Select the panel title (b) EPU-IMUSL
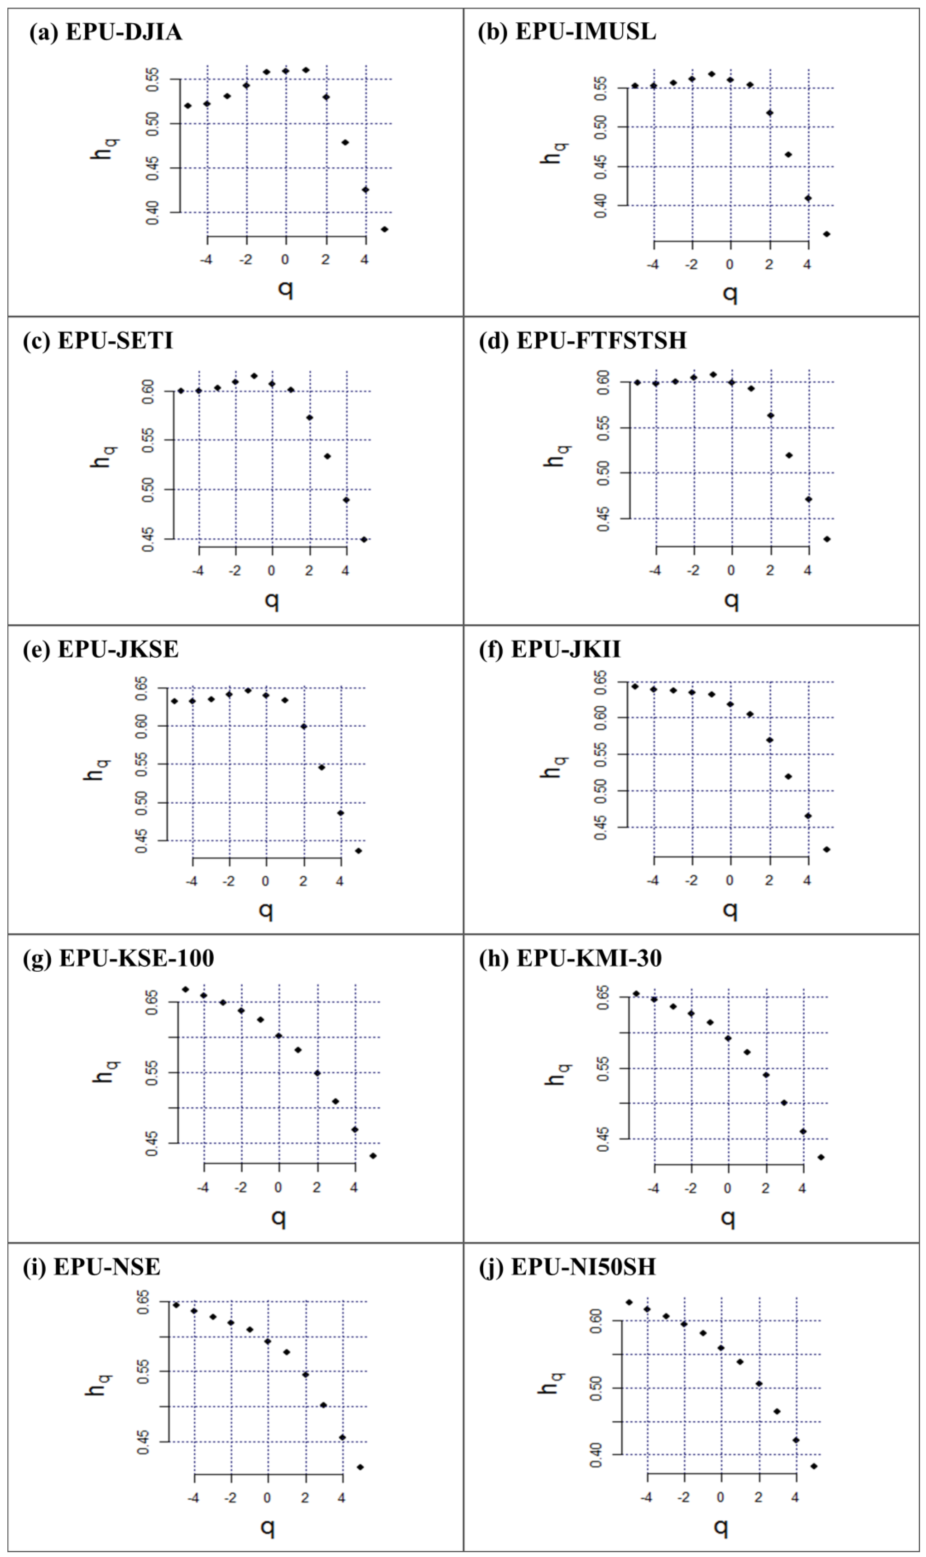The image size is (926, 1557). point(567,31)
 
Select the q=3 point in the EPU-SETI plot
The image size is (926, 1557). point(327,456)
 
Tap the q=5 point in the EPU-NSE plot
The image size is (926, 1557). point(360,1467)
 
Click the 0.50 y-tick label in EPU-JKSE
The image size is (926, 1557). point(142,803)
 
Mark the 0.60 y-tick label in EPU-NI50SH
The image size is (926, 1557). point(596,1321)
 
